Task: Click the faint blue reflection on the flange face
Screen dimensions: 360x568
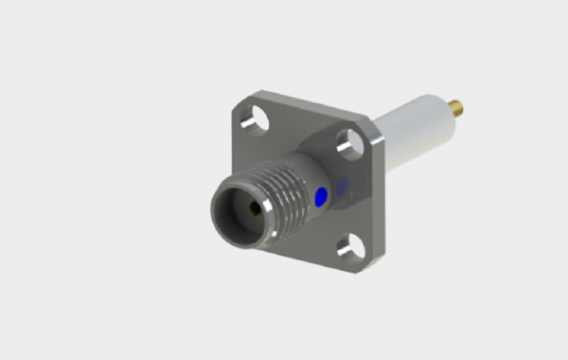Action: click(x=343, y=186)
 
